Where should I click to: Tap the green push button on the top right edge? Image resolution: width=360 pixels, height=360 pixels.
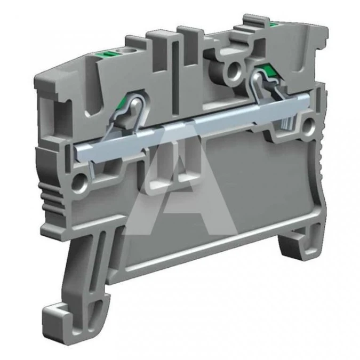tap(274, 24)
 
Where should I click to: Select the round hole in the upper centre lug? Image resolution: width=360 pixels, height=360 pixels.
tap(234, 69)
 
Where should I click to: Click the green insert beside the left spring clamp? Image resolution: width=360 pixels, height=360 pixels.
tap(121, 105)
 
